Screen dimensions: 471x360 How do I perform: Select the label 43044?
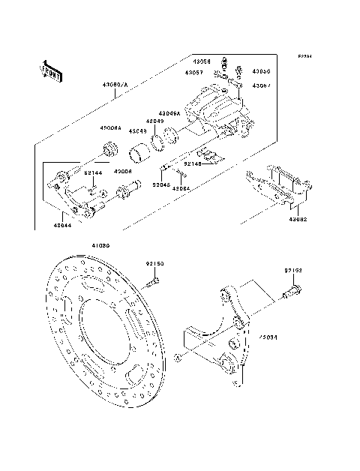pos(64,223)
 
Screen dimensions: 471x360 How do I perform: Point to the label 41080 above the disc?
pos(100,245)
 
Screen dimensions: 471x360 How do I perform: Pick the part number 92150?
pos(154,264)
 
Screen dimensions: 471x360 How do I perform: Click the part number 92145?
pos(161,183)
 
